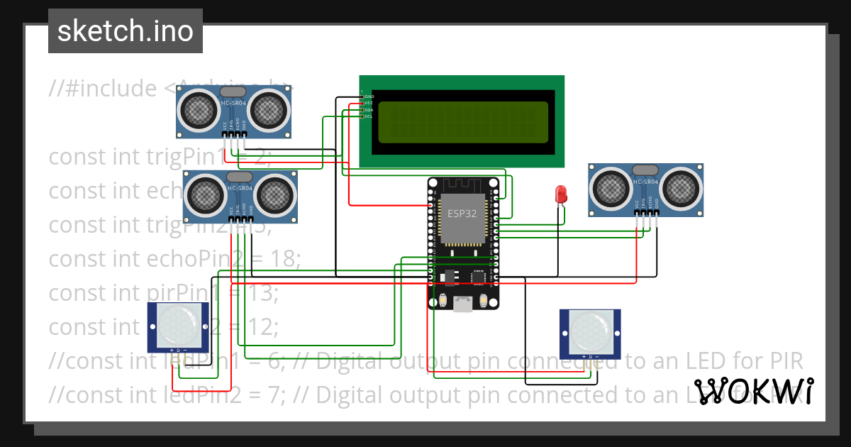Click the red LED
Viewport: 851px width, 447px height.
point(561,193)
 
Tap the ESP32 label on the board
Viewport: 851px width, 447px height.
point(462,214)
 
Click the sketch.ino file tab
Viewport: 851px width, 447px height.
point(126,31)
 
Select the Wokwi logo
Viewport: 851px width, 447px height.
point(754,391)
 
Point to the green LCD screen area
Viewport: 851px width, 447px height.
point(463,121)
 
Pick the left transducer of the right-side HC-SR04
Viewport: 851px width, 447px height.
point(611,187)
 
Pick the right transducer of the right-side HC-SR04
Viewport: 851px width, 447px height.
point(679,187)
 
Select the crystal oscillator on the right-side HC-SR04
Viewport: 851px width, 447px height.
point(644,170)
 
